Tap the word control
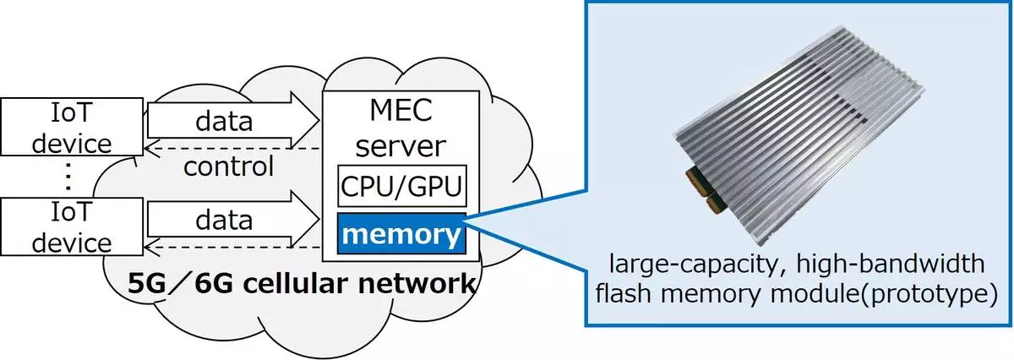click(229, 166)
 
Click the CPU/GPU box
click(402, 187)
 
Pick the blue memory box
click(402, 233)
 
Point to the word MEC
click(401, 110)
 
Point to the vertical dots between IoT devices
click(69, 178)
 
